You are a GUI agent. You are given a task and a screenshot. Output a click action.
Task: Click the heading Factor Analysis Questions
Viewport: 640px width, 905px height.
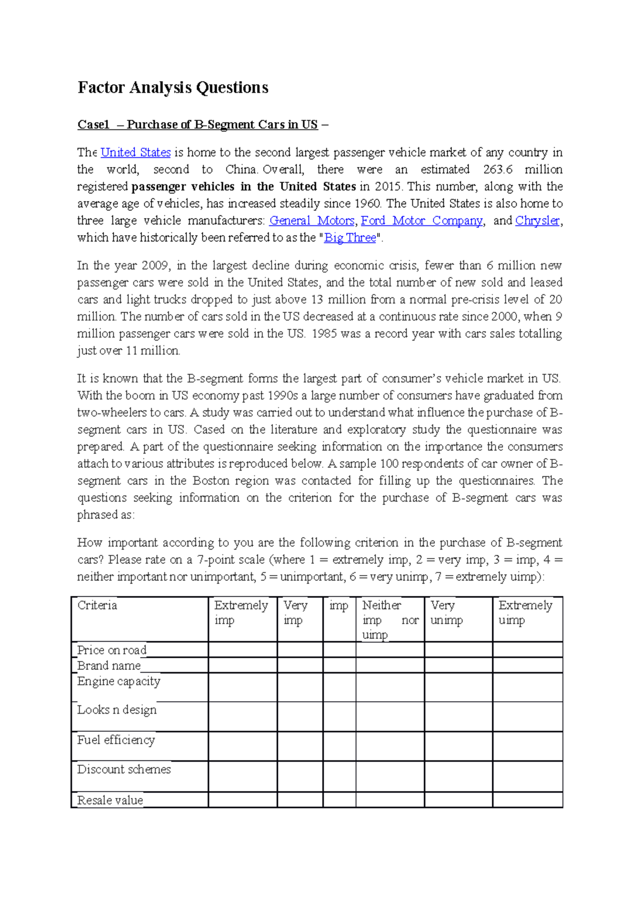pos(173,87)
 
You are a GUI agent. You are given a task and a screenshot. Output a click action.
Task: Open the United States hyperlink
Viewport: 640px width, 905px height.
pos(135,152)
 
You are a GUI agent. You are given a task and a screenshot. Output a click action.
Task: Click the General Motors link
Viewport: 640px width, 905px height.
pos(311,221)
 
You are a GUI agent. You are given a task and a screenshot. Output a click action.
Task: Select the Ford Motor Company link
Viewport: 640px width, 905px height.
pos(421,221)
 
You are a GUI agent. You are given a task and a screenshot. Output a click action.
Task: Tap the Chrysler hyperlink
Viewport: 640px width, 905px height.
pos(537,221)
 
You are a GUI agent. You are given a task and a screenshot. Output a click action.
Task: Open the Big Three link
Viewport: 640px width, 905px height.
pos(350,238)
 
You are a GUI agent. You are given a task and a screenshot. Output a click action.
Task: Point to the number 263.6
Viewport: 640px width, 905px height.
pos(498,169)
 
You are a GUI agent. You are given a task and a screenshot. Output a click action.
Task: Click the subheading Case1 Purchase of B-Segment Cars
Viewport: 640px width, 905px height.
pos(197,125)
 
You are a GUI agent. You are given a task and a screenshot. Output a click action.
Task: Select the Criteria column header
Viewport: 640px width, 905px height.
pos(97,605)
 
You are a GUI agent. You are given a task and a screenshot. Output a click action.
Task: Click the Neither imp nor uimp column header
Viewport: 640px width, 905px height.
pos(390,619)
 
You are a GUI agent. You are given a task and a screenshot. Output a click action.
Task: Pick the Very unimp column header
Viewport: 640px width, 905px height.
pos(447,612)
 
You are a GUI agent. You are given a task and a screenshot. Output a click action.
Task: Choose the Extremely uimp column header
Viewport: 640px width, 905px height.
pos(525,612)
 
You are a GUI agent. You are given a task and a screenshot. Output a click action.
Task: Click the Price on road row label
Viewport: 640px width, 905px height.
pos(111,650)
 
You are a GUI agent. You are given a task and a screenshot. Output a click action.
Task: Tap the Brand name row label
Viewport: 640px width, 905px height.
pos(109,666)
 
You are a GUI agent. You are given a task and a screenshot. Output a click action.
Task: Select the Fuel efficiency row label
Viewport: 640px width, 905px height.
pos(116,740)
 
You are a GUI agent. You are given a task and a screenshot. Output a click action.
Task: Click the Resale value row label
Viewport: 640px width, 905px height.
pos(110,801)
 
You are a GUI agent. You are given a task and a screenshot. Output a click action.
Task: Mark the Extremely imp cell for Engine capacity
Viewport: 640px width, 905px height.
pos(243,688)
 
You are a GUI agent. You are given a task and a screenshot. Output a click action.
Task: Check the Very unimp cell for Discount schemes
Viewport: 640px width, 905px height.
pos(459,776)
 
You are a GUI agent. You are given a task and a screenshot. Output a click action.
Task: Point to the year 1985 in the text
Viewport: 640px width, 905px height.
pos(324,334)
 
